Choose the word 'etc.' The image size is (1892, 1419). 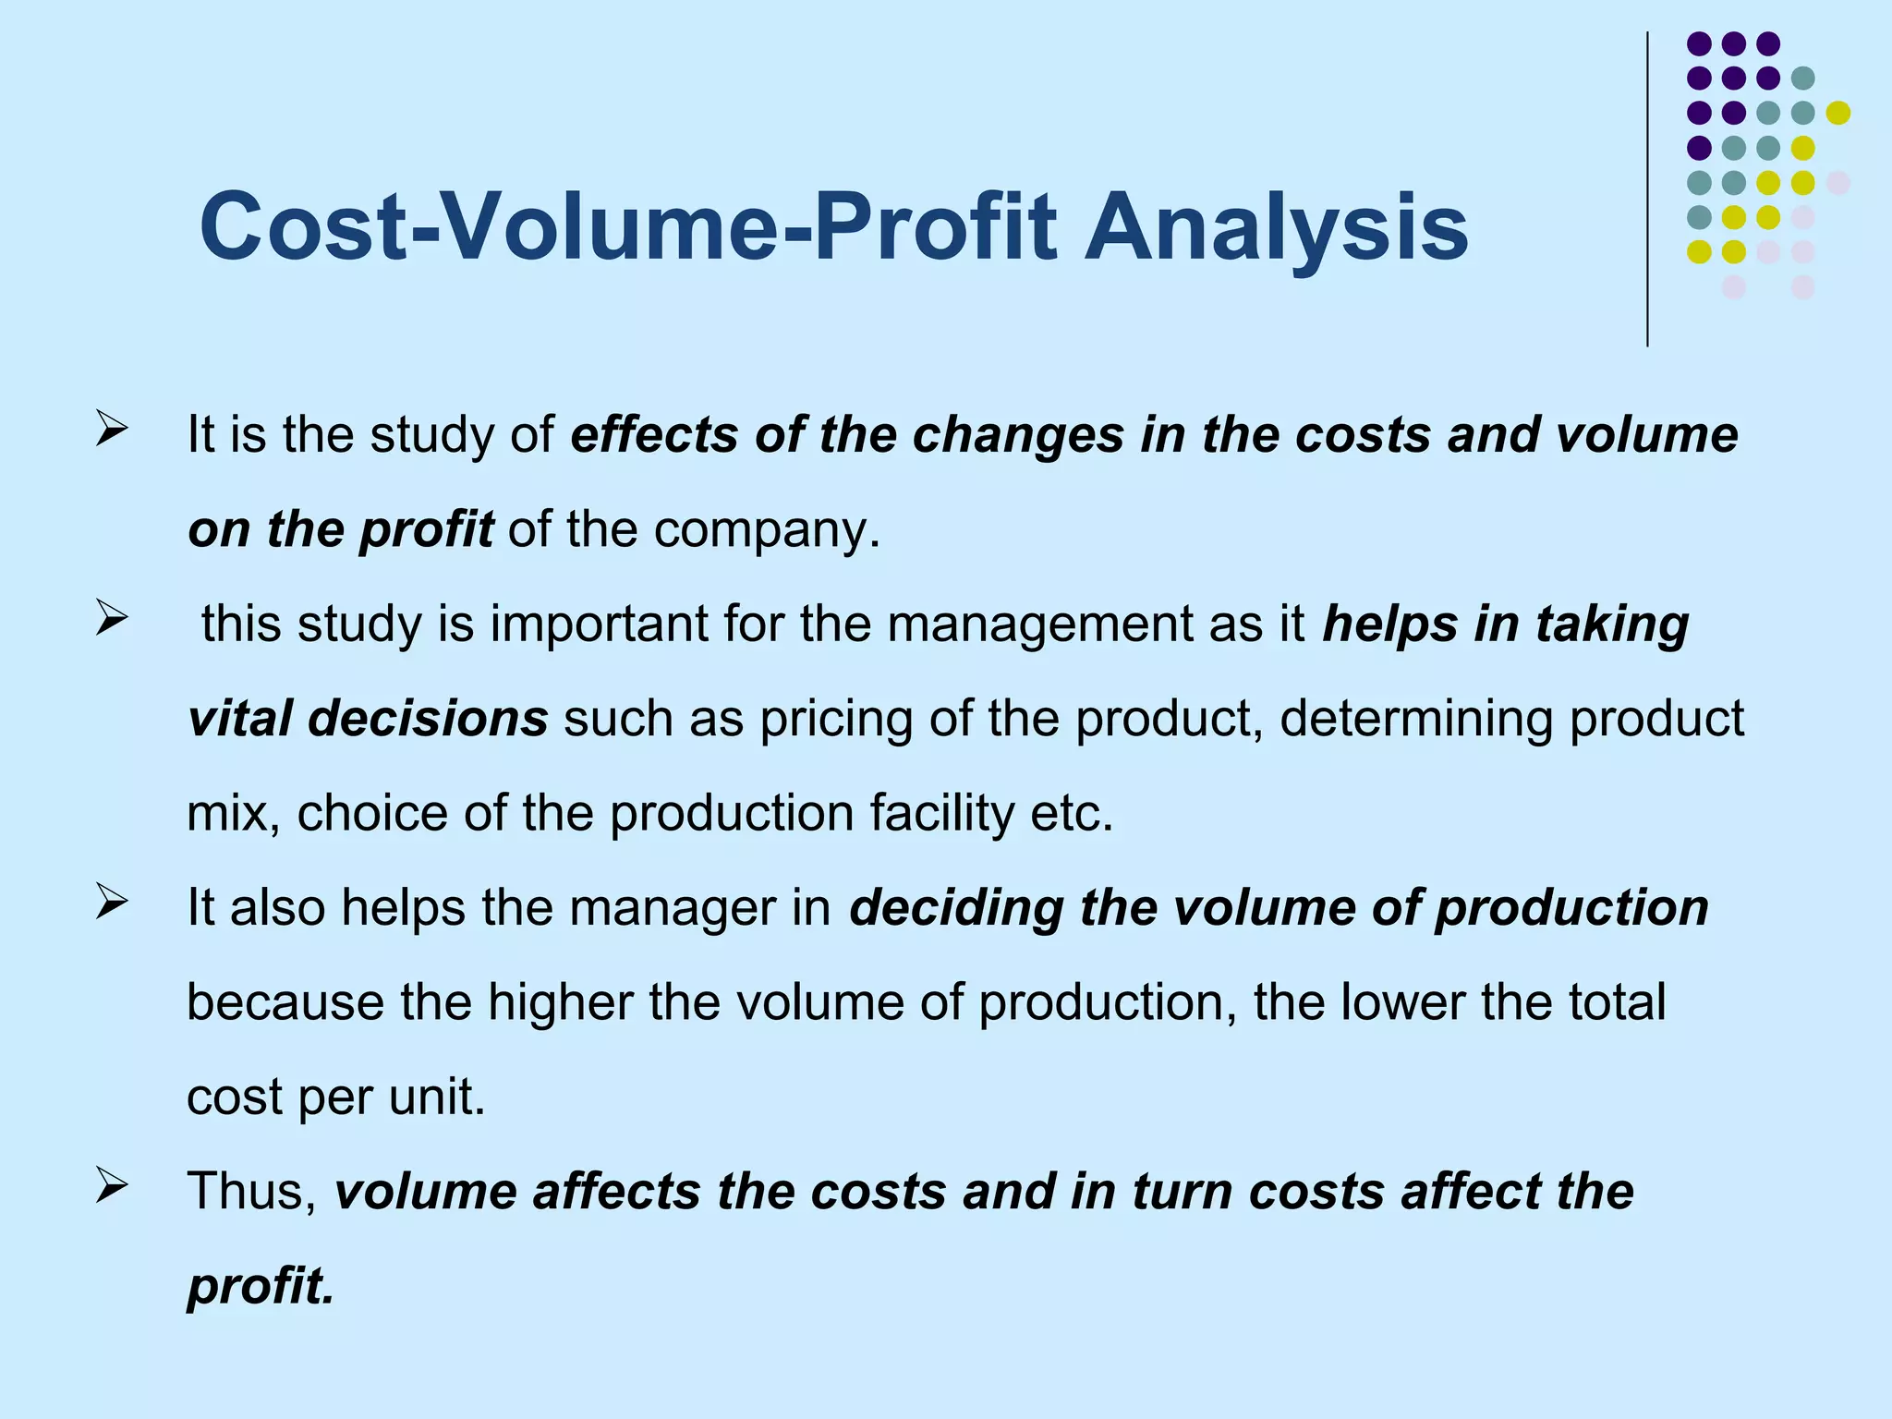[x=1073, y=815]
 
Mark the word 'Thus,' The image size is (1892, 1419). [x=252, y=1192]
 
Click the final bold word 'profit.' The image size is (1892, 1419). [x=261, y=1287]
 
